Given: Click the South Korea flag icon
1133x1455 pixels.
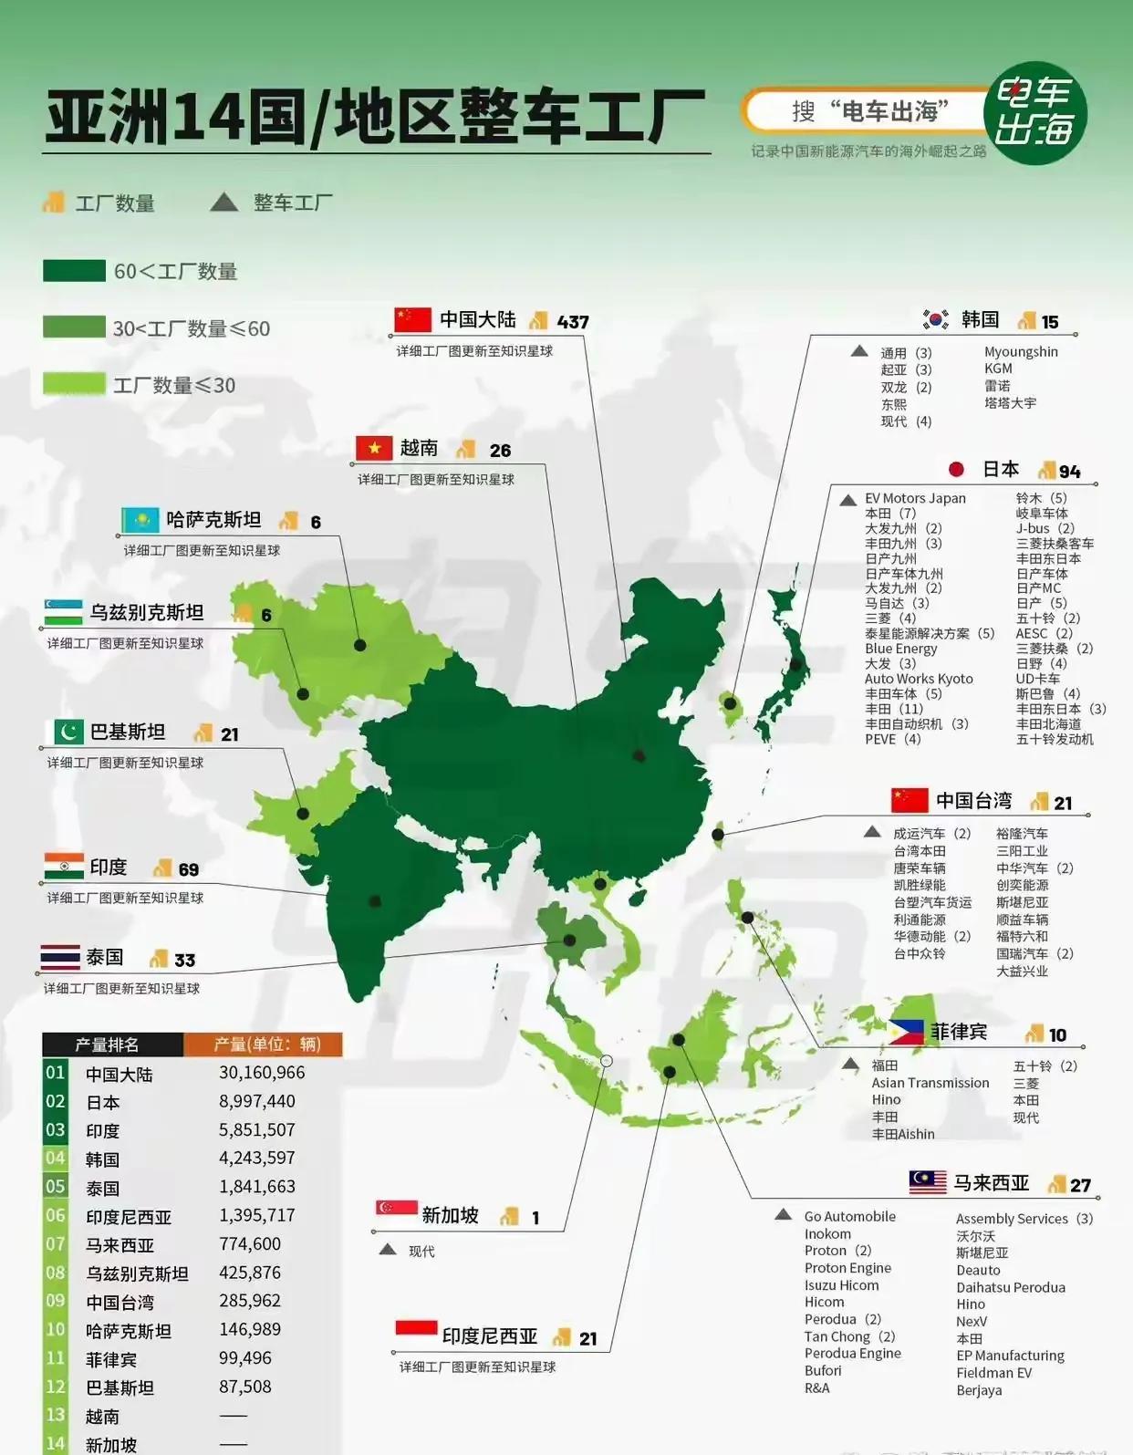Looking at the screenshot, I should pyautogui.click(x=935, y=319).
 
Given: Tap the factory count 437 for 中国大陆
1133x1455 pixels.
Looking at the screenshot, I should pyautogui.click(x=573, y=322).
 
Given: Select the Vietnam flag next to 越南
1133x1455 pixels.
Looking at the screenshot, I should pyautogui.click(x=373, y=448).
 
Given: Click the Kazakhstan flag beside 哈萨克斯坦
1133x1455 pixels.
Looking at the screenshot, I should pyautogui.click(x=140, y=520).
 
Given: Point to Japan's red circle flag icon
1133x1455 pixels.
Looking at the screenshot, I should pyautogui.click(x=956, y=469).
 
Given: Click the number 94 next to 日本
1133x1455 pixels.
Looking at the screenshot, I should pyautogui.click(x=1069, y=472).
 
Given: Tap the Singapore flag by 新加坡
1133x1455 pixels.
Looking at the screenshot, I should pyautogui.click(x=396, y=1210).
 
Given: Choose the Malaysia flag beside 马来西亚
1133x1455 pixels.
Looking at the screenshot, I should pyautogui.click(x=928, y=1182).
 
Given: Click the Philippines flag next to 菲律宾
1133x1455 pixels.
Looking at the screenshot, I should pyautogui.click(x=907, y=1033).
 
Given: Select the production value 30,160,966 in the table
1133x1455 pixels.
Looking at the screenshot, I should pyautogui.click(x=262, y=1073).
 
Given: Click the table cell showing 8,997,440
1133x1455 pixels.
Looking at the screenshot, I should pyautogui.click(x=257, y=1101).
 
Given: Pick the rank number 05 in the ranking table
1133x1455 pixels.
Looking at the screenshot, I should pyautogui.click(x=56, y=1186).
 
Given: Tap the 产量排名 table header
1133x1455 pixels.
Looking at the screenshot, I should pyautogui.click(x=108, y=1044).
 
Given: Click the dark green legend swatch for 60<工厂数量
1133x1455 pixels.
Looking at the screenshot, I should pyautogui.click(x=74, y=271).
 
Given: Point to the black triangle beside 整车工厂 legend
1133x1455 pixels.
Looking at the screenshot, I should pyautogui.click(x=223, y=203).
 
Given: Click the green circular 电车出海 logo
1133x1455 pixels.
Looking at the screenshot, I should pyautogui.click(x=1034, y=113).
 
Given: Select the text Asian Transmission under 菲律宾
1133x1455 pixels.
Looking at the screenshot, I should pyautogui.click(x=930, y=1083).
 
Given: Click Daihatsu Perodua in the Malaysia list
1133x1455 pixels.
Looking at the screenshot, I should pyautogui.click(x=1010, y=1287).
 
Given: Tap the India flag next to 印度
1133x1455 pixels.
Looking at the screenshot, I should pyautogui.click(x=63, y=866).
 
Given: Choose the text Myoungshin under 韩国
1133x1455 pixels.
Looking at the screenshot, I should pyautogui.click(x=1021, y=351).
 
